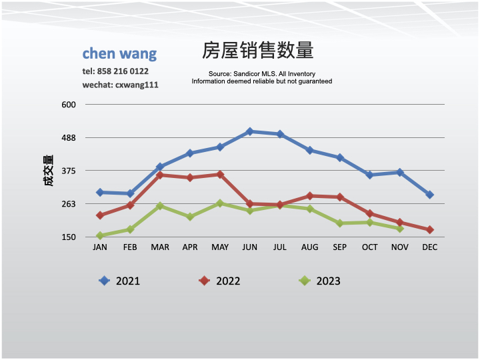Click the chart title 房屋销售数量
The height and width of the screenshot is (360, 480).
click(257, 51)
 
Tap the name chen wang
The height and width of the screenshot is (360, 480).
click(119, 53)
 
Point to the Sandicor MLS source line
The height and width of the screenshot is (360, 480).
click(261, 73)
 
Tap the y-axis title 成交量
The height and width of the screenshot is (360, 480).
click(49, 171)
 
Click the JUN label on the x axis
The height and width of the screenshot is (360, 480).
click(249, 247)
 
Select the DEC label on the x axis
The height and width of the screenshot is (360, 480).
click(429, 247)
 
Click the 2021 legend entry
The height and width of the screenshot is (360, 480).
click(120, 281)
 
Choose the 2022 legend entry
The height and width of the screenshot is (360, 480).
click(220, 281)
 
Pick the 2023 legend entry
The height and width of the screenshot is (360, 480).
click(320, 281)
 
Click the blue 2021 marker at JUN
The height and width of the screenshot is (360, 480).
click(249, 131)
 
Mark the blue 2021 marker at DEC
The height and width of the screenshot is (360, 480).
click(429, 195)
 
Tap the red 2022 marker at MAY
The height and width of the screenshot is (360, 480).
click(219, 175)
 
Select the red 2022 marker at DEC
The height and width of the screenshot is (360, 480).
click(429, 229)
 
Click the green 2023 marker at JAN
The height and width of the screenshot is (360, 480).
click(100, 235)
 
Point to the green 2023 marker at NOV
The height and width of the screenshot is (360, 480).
click(399, 229)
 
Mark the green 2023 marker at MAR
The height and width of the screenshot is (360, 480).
click(160, 206)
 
